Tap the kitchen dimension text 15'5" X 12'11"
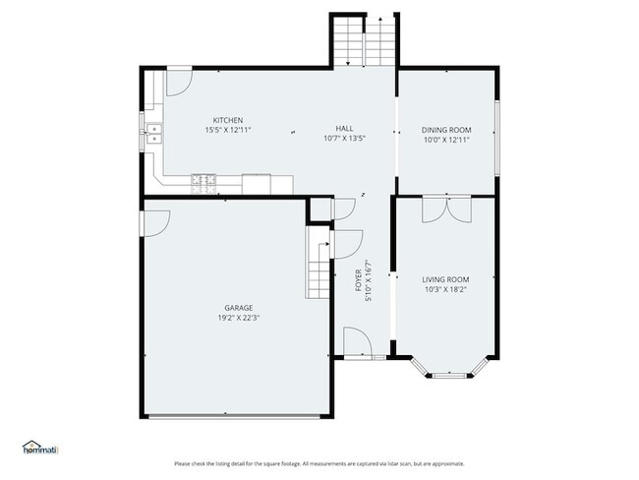tap(228, 130)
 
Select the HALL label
tap(344, 129)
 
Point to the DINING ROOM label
tap(446, 130)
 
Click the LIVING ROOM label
tap(445, 279)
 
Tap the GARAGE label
tap(238, 308)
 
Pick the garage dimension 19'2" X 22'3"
tap(238, 318)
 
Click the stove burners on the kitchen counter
tap(204, 180)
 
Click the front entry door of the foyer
tap(356, 344)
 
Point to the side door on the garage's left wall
tap(153, 223)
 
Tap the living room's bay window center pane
tap(447, 374)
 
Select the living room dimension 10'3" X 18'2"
tap(445, 289)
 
